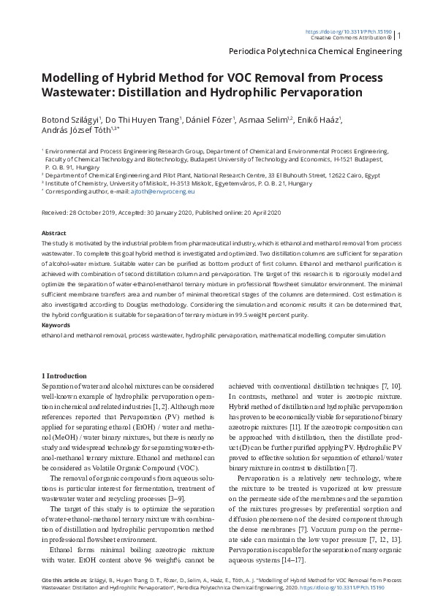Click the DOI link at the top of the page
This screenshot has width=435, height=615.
348,31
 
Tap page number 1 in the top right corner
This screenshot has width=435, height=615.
399,35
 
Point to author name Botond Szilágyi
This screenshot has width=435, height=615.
72,119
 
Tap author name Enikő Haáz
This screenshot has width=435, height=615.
320,119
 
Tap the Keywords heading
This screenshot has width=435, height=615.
56,325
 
